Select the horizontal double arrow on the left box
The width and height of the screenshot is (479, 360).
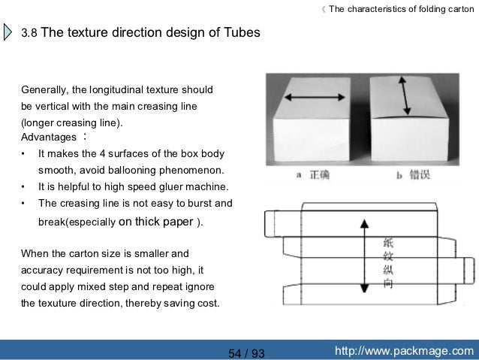pos(314,99)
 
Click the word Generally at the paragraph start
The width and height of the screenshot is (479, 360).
pos(46,92)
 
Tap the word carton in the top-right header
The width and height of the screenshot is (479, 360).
pos(458,9)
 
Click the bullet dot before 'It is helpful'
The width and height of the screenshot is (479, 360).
pos(25,186)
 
